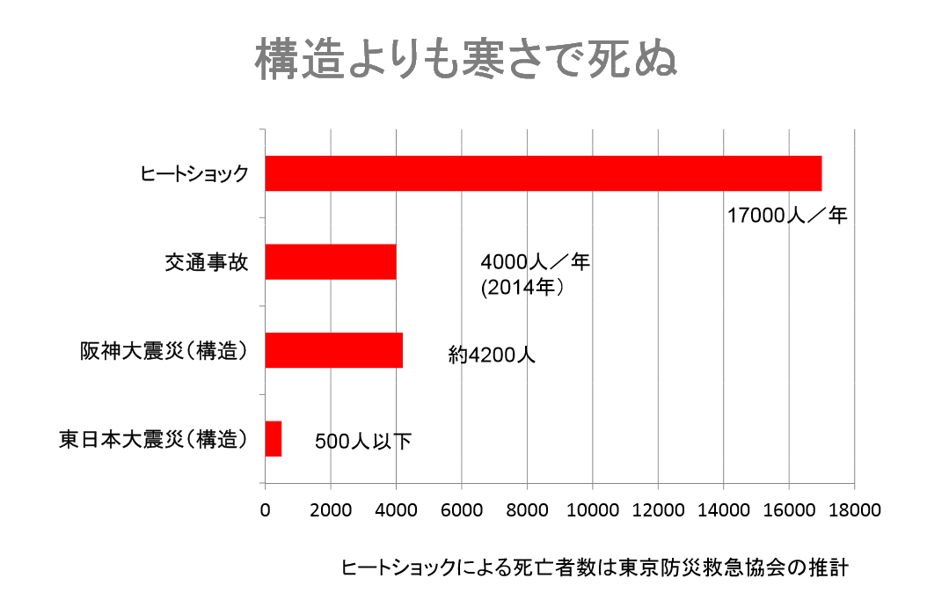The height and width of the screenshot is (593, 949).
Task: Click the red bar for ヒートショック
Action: [543, 173]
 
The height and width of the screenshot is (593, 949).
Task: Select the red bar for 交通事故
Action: [330, 261]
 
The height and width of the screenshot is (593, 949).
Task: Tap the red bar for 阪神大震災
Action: [333, 350]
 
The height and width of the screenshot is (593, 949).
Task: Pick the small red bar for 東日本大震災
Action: [273, 438]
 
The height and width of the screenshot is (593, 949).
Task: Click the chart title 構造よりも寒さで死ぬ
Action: [466, 60]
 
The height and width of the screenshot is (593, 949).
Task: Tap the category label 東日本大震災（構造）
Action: [153, 438]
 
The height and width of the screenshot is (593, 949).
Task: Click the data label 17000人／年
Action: [786, 216]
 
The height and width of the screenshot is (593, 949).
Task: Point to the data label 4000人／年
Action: [535, 262]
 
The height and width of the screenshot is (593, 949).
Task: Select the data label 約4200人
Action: [491, 355]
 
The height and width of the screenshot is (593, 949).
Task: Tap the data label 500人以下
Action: [362, 442]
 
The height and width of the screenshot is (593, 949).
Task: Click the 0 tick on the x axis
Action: [265, 510]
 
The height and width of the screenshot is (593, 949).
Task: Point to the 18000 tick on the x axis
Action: [853, 510]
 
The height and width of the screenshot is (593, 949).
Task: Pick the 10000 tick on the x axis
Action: [592, 510]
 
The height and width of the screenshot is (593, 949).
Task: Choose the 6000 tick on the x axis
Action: [461, 510]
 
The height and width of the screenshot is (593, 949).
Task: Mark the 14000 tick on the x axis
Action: [723, 510]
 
